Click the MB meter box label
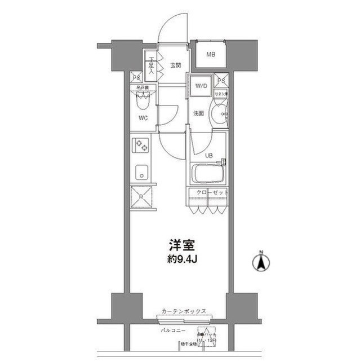pyautogui.click(x=210, y=55)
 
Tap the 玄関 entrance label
pyautogui.click(x=175, y=65)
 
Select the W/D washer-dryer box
pyautogui.click(x=201, y=86)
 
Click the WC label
pyautogui.click(x=143, y=118)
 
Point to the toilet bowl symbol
pyautogui.click(x=143, y=102)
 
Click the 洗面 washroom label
pyautogui.click(x=198, y=113)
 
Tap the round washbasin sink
pyautogui.click(x=217, y=115)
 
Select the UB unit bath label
pyautogui.click(x=208, y=155)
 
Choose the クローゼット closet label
pyautogui.click(x=212, y=193)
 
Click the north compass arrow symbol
pyautogui.click(x=261, y=262)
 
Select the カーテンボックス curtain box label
pyautogui.click(x=183, y=311)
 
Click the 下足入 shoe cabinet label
pyautogui.click(x=151, y=66)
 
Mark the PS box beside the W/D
pyautogui.click(x=223, y=80)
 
